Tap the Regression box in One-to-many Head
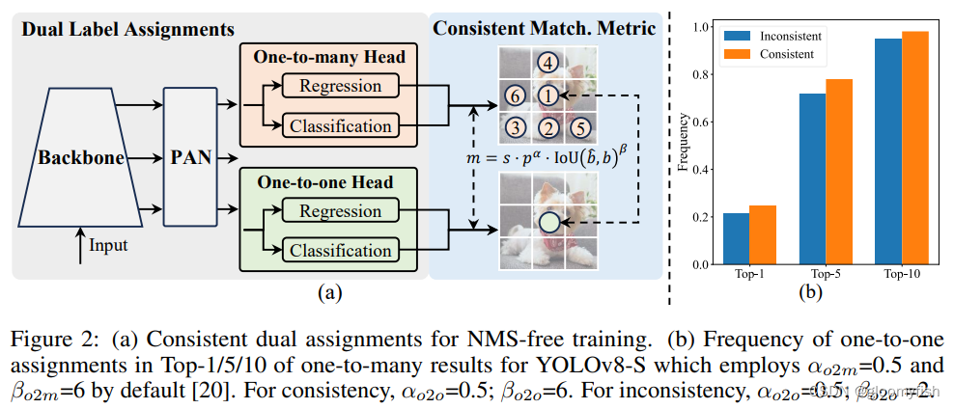(339, 86)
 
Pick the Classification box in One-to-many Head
(341, 125)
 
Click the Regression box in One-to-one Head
(339, 211)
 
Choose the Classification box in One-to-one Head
(341, 251)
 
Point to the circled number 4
(547, 65)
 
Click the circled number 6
(517, 95)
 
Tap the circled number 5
(579, 126)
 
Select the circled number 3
(517, 127)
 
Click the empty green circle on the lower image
(547, 222)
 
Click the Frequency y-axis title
(684, 146)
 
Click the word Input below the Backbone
(108, 247)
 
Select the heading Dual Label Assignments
(130, 28)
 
